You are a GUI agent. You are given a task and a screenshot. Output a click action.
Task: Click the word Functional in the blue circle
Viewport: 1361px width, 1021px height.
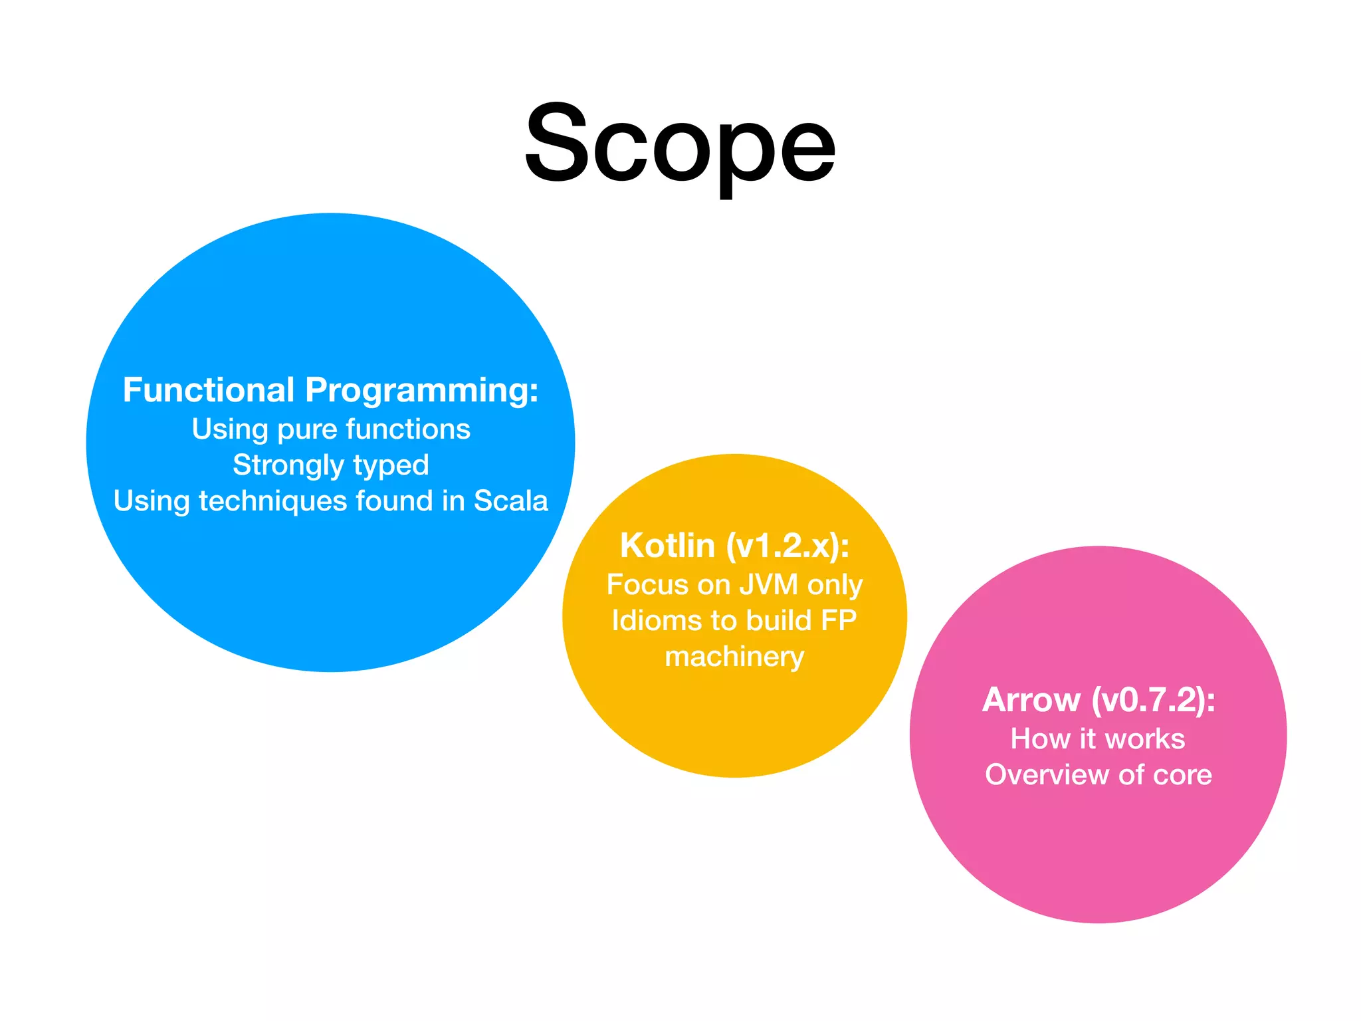[x=208, y=390]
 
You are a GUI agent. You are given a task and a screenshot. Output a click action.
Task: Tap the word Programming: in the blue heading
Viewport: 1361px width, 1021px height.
[x=421, y=391]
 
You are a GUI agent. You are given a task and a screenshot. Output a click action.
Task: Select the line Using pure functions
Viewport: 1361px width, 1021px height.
[x=331, y=429]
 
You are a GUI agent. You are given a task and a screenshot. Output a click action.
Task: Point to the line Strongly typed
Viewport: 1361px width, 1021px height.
[x=331, y=465]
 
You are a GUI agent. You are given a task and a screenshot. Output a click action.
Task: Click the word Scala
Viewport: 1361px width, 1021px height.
[x=510, y=501]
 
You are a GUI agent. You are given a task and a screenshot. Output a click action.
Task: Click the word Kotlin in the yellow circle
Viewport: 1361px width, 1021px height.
[x=667, y=546]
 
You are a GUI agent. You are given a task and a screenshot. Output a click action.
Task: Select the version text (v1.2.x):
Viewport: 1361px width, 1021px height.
[x=787, y=546]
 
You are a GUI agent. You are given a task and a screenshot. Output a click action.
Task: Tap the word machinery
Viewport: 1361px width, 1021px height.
[x=734, y=657]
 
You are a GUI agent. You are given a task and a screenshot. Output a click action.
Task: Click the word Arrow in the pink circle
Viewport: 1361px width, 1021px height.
[x=1031, y=700]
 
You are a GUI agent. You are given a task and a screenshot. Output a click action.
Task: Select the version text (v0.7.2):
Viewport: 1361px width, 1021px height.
[x=1154, y=700]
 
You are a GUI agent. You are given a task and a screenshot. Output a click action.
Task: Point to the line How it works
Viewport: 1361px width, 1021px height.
[x=1098, y=739]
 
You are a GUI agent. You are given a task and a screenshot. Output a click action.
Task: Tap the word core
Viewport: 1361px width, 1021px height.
[x=1182, y=775]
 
